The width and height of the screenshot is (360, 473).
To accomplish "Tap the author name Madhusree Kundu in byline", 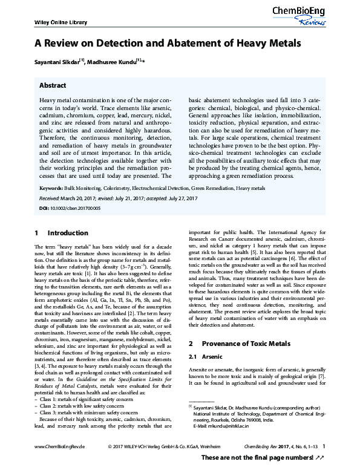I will [x=111, y=61].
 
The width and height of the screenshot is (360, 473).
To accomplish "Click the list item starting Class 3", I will [x=83, y=412].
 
